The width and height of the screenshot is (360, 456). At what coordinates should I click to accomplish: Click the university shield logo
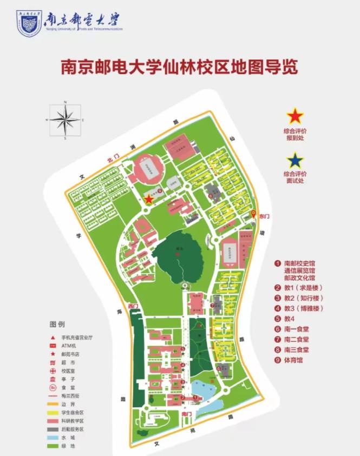[x=29, y=23]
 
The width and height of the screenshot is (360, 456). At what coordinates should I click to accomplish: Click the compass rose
[x=65, y=120]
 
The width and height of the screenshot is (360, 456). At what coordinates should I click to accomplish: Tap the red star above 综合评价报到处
[x=295, y=116]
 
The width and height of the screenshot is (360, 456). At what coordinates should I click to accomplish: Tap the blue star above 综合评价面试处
[x=295, y=160]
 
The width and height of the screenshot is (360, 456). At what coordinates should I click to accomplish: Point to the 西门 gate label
[x=133, y=307]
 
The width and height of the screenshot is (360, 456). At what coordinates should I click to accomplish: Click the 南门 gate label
[x=187, y=414]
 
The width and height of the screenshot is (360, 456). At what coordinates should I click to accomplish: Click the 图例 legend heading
[x=57, y=325]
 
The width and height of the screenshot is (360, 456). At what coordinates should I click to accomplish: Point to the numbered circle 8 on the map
[x=210, y=196]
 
